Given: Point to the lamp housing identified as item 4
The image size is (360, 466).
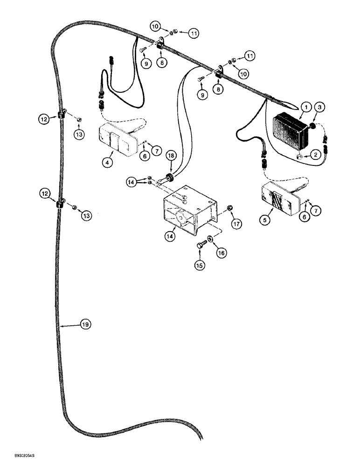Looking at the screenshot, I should (117, 139).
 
